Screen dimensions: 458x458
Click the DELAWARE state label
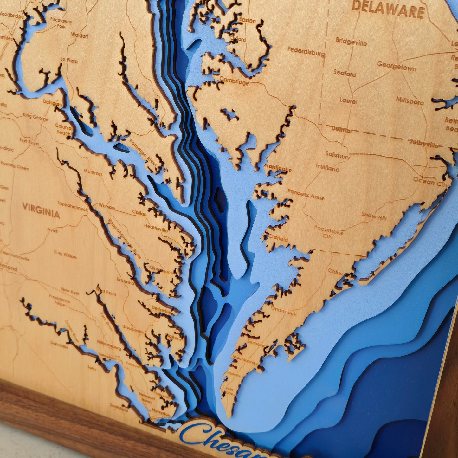(x=388, y=10)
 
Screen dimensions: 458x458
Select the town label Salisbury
(x=338, y=155)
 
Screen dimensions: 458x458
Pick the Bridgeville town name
(x=351, y=42)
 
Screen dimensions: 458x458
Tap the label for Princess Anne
(x=306, y=194)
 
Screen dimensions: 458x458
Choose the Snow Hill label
(x=374, y=216)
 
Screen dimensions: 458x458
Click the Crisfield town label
(x=278, y=237)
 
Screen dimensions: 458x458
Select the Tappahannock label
(x=73, y=206)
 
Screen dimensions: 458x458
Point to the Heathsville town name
(x=156, y=228)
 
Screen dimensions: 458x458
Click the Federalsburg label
(x=306, y=52)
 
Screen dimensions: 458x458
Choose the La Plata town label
(x=69, y=60)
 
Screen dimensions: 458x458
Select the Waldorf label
(x=79, y=35)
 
